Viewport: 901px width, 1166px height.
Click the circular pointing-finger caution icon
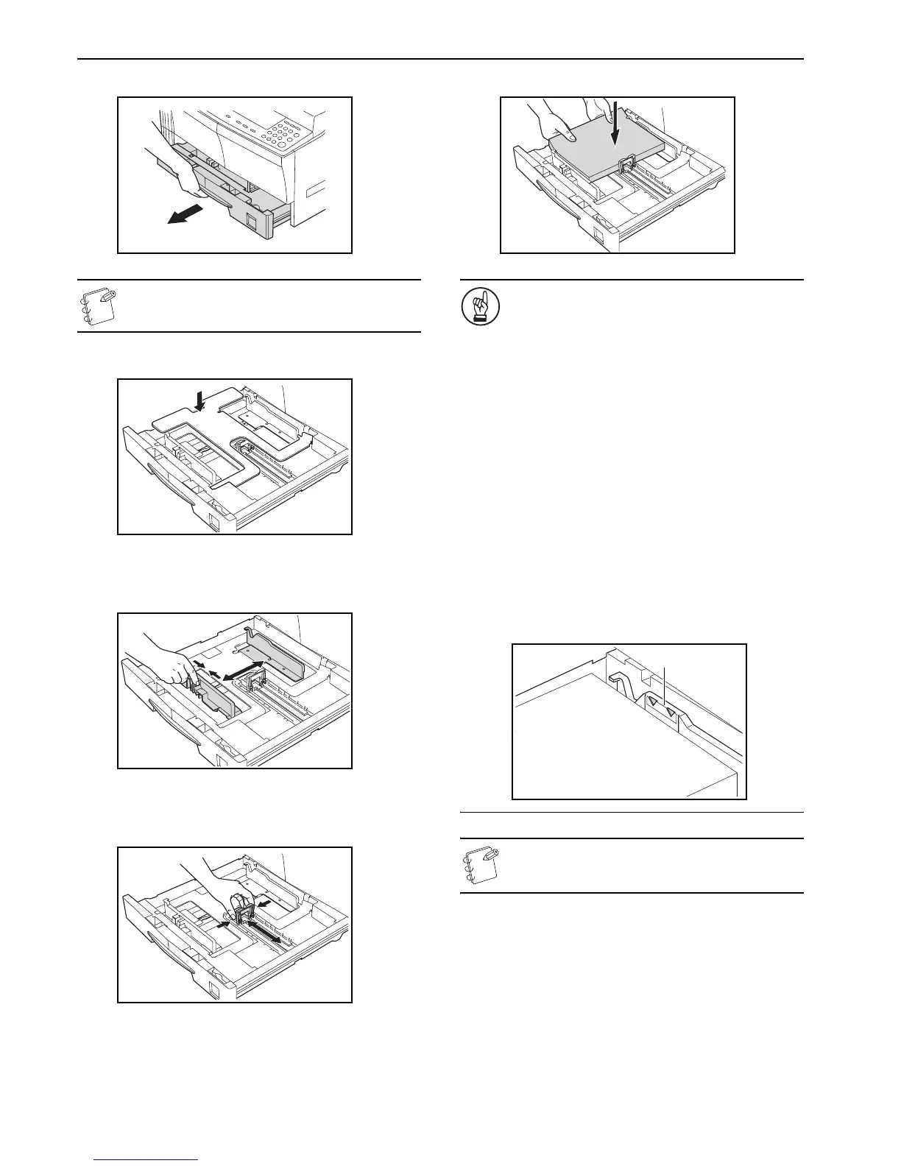tap(475, 307)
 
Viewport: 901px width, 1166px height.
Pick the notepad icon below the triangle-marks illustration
tap(478, 866)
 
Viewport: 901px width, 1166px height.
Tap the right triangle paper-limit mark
tap(671, 712)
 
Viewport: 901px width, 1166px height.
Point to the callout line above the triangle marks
tap(665, 685)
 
